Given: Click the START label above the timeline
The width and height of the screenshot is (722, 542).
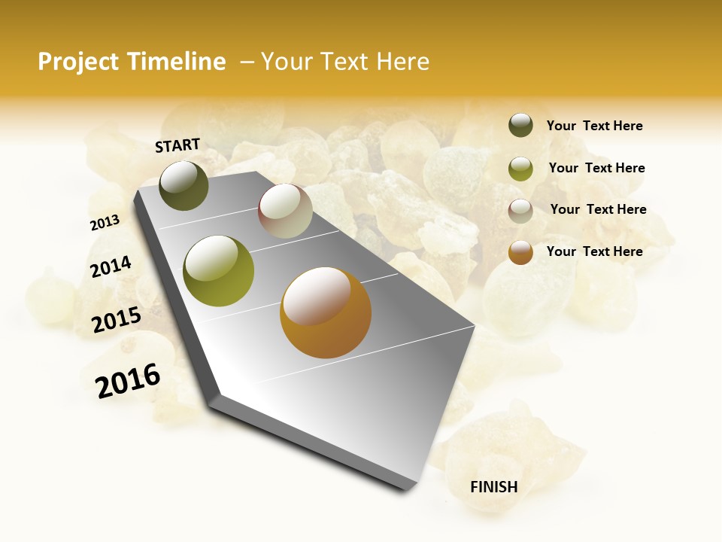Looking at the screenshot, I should coord(177,145).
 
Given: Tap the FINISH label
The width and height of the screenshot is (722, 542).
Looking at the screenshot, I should coord(494,487).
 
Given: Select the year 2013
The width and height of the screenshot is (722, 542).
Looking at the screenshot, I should coord(105,222).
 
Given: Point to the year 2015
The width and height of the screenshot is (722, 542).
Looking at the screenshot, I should coord(117,320).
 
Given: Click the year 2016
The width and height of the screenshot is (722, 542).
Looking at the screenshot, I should coord(128,381).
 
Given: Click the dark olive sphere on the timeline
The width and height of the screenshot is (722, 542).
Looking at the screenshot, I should coord(184,185).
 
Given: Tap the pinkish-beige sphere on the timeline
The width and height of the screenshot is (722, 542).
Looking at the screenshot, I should coord(285,211).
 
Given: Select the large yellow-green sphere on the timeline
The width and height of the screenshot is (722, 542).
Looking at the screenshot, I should coord(219,271).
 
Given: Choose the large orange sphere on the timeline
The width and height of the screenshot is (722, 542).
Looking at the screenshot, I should coord(326,312).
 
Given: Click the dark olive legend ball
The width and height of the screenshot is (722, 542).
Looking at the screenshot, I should coord(520,126).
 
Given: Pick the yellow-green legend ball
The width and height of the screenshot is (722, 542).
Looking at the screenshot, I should coord(520,169).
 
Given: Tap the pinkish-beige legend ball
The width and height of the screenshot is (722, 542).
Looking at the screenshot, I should coord(520,210).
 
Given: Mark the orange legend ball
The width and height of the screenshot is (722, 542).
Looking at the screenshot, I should coord(520,252).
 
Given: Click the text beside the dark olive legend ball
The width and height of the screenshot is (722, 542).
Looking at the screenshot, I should coord(594,126).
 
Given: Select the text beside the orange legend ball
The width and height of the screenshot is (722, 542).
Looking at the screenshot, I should coord(594,251).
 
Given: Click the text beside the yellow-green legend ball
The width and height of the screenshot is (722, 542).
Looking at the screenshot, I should coord(596,168).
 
